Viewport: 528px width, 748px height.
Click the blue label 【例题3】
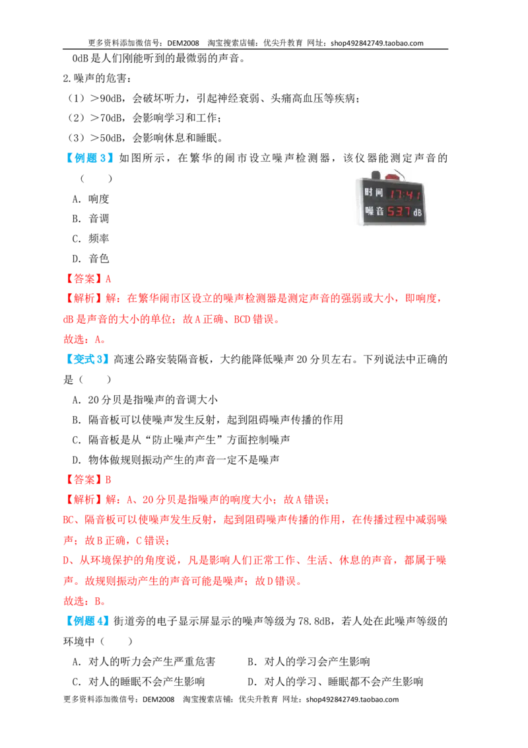[89, 158]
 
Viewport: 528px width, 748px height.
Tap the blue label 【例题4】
[86, 621]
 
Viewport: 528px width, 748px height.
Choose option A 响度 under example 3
[90, 198]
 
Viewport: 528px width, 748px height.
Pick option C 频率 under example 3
[90, 239]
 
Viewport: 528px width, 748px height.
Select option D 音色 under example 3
[90, 258]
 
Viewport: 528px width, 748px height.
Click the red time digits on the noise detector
[405, 194]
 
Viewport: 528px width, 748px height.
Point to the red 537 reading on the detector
[399, 211]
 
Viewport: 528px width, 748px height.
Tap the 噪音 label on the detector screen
[374, 210]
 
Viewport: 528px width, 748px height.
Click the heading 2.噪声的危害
[97, 78]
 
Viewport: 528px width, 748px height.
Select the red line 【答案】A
[87, 279]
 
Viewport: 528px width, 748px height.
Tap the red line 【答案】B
[87, 480]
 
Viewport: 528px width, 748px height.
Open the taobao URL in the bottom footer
[352, 699]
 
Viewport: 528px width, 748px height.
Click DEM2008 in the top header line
[183, 43]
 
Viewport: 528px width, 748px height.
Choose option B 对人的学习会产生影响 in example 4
[309, 661]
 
